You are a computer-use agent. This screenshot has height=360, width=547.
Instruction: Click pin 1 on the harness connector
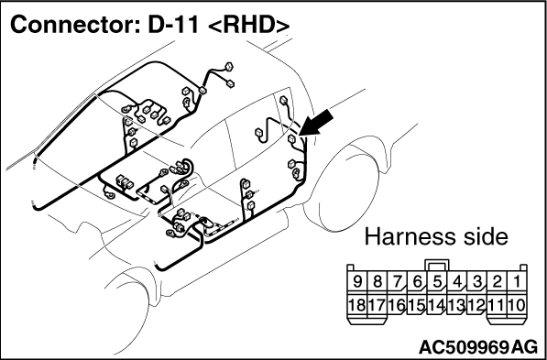517,282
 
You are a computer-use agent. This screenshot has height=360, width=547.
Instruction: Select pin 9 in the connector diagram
356,282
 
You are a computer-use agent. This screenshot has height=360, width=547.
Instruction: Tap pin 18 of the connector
356,306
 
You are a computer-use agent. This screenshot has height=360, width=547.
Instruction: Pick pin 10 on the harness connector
517,306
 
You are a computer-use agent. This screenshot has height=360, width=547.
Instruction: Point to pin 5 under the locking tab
437,282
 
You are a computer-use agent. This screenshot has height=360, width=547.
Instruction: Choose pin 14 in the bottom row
437,306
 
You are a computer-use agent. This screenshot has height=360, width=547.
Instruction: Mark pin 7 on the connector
397,282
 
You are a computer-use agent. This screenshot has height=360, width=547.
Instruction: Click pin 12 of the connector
476,306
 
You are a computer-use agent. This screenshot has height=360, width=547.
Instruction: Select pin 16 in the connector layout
397,306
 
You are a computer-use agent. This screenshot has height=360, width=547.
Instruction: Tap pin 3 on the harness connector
476,282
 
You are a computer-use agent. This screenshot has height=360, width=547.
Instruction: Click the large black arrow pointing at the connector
315,123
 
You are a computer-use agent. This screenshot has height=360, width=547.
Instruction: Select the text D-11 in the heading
172,25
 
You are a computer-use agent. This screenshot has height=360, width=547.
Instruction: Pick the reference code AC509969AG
478,347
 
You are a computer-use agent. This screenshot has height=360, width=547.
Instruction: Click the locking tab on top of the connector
437,266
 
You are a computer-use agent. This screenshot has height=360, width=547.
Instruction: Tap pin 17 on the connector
377,306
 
